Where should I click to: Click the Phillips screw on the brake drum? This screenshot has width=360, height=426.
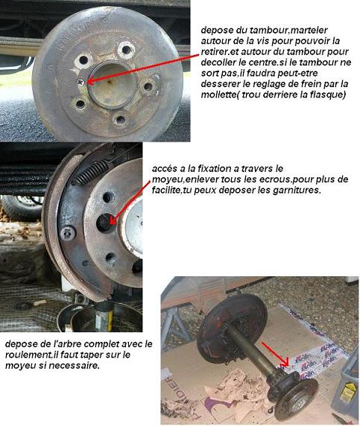[x=80, y=82]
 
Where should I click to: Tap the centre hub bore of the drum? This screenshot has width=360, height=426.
[x=112, y=84]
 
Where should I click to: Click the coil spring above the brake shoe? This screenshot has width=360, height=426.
[x=91, y=172]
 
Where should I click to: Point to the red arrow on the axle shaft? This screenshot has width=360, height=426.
[x=275, y=355]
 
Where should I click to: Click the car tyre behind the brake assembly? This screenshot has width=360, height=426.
[x=22, y=207]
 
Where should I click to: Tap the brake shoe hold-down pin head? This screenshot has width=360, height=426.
[x=67, y=233]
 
